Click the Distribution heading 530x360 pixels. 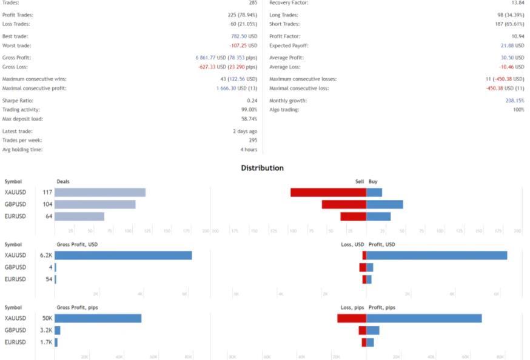[262, 168]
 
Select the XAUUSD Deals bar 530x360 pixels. [100, 192]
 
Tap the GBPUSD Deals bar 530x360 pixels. [95, 204]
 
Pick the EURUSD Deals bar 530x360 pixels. [79, 216]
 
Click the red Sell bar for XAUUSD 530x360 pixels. [328, 192]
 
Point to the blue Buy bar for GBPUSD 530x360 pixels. [385, 204]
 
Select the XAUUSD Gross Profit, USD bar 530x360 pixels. [123, 255]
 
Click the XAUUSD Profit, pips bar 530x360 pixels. [424, 318]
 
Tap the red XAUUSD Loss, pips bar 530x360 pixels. [352, 318]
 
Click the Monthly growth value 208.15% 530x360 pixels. [515, 101]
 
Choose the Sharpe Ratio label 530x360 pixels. [18, 101]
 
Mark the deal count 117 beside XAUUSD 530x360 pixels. [47, 192]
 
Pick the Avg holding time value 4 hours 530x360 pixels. [249, 149]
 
